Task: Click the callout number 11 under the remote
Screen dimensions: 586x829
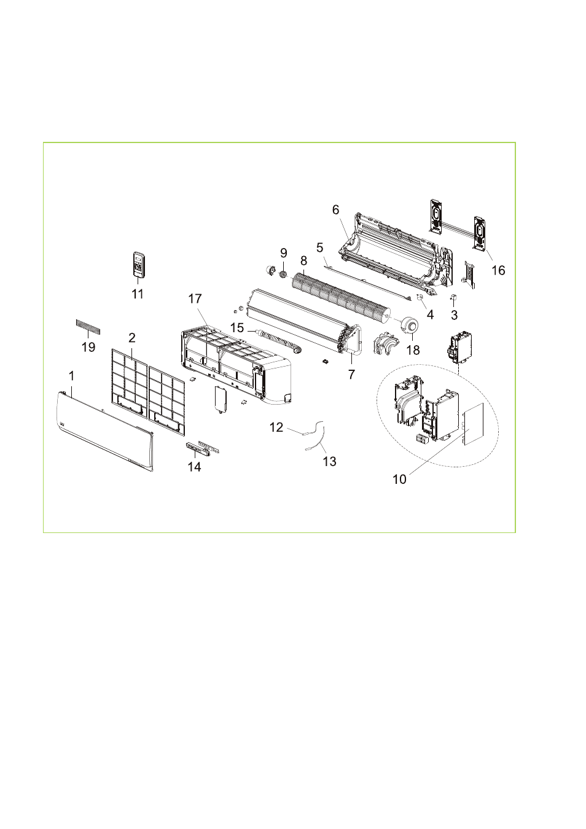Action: click(x=138, y=294)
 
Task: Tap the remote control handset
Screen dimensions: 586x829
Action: click(x=139, y=264)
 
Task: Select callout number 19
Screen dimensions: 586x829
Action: click(x=88, y=347)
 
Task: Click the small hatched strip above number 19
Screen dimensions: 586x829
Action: click(x=88, y=325)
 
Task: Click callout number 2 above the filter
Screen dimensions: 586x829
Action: click(x=132, y=338)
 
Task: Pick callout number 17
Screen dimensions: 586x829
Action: click(x=195, y=298)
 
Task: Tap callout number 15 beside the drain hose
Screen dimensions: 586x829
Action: click(x=237, y=327)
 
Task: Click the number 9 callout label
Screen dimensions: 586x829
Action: click(x=284, y=253)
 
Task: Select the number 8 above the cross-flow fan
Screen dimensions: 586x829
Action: click(x=303, y=260)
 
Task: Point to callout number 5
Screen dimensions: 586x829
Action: click(x=320, y=247)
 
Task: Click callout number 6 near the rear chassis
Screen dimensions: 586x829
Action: click(x=335, y=210)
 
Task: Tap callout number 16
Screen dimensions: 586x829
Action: click(x=498, y=270)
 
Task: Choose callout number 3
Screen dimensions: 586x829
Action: click(x=454, y=315)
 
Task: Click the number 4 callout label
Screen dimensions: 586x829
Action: click(x=430, y=314)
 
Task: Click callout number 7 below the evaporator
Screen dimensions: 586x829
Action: click(x=351, y=374)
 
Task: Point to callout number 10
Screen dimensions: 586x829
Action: click(x=399, y=479)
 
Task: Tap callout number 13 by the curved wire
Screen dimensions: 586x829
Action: click(x=329, y=461)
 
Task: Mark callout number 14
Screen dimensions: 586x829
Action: click(x=194, y=467)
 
